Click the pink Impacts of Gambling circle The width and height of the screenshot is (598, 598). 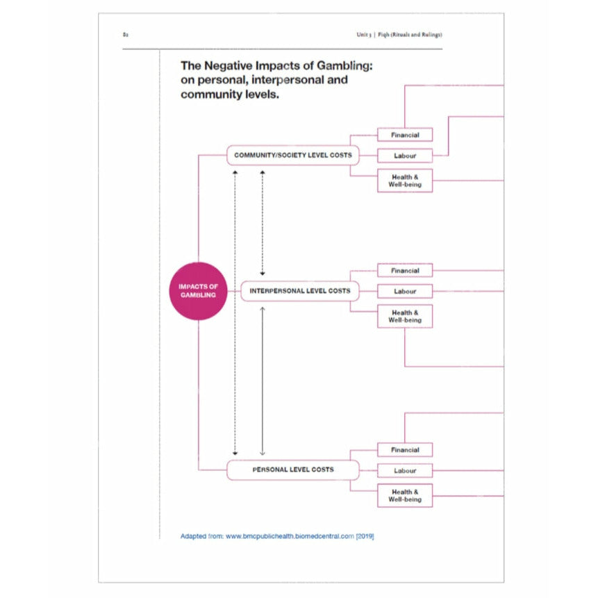pyautogui.click(x=199, y=291)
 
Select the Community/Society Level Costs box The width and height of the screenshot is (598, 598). pyautogui.click(x=292, y=155)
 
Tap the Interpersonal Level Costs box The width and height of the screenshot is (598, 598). pyautogui.click(x=299, y=291)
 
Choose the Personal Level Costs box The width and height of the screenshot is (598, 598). pyautogui.click(x=292, y=470)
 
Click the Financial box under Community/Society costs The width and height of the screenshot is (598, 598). pyautogui.click(x=404, y=135)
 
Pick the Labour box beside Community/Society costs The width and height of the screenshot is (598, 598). pyautogui.click(x=404, y=156)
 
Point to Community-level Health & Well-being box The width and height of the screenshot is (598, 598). pyautogui.click(x=404, y=181)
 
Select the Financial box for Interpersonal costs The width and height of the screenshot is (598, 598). pyautogui.click(x=404, y=270)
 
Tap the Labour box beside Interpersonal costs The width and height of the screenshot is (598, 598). pyautogui.click(x=404, y=291)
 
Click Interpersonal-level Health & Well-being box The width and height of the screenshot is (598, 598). pyautogui.click(x=404, y=316)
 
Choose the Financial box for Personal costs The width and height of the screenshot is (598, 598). pyautogui.click(x=404, y=450)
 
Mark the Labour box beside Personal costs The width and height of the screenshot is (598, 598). pyautogui.click(x=404, y=471)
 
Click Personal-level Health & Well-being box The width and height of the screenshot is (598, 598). pyautogui.click(x=404, y=496)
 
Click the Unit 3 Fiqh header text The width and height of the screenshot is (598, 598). pyautogui.click(x=399, y=35)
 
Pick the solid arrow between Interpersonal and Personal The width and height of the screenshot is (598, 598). pyautogui.click(x=262, y=381)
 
